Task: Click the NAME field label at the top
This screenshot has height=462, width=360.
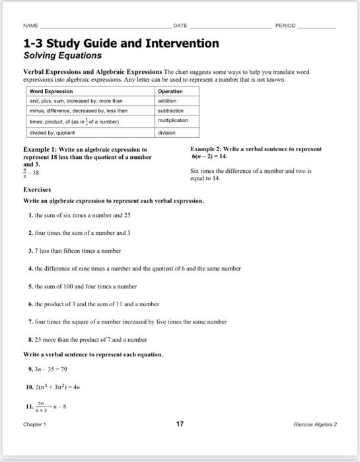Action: coord(30,26)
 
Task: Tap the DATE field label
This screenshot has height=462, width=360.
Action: coord(180,26)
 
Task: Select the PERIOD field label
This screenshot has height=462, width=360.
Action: coord(285,26)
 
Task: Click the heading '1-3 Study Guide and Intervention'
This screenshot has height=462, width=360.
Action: coord(121,44)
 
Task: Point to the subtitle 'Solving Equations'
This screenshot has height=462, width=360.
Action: coord(59,56)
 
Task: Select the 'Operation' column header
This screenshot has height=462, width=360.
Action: coord(170,91)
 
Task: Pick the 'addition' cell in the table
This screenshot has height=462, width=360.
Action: coord(168,101)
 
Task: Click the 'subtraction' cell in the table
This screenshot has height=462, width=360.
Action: coord(171,111)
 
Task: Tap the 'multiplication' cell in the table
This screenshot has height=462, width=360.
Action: coord(174,121)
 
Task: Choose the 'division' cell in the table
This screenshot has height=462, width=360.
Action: coord(167,132)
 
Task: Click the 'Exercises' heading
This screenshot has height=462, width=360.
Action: coord(38,189)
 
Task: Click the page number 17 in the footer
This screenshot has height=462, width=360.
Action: coord(180,424)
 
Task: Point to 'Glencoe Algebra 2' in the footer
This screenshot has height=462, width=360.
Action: coord(314,425)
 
